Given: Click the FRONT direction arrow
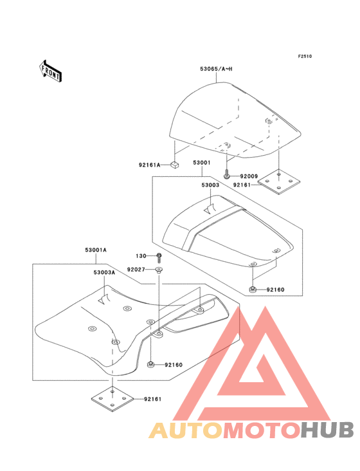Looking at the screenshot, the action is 50,71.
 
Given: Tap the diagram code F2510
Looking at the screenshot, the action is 305,56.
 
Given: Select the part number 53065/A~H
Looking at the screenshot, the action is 216,69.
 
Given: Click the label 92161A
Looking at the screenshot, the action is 149,165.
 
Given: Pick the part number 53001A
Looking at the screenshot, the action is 96,250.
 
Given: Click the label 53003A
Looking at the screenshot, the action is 104,272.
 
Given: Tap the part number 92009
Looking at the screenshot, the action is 249,176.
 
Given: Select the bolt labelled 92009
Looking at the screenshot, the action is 226,173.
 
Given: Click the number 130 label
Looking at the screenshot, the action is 141,256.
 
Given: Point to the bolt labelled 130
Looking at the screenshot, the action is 159,258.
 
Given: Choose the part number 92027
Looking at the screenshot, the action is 136,270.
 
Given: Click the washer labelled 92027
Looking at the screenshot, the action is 159,270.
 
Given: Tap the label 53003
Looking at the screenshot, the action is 210,185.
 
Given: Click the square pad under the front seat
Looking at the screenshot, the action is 113,399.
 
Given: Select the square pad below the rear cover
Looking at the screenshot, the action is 279,181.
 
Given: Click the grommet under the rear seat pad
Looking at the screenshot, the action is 253,290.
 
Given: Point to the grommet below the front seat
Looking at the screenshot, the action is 150,365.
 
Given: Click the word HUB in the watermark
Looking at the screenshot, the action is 328,430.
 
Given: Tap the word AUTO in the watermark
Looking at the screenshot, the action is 186,430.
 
